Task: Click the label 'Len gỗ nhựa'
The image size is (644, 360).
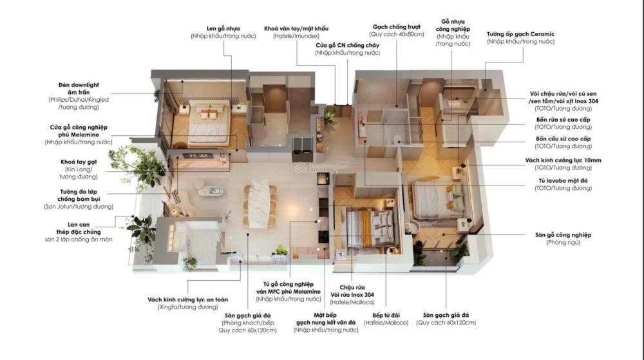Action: coord(223,29)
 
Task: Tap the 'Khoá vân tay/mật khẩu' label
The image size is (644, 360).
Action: coord(296,29)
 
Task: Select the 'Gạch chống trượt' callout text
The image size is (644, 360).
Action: coord(396,27)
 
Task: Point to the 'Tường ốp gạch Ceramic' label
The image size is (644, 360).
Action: coord(520,34)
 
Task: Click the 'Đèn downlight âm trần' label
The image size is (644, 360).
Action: coord(79,89)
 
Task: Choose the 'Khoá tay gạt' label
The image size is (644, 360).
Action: coord(79,162)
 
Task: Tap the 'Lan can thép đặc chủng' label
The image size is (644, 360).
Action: coord(79,228)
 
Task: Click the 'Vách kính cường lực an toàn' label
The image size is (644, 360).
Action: coord(187,299)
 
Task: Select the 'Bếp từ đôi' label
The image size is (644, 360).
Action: coord(386,316)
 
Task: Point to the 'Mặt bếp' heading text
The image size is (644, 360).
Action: coord(325,316)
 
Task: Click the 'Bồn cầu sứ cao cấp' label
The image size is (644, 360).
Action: coord(563,139)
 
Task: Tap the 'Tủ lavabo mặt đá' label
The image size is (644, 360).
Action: coord(563,180)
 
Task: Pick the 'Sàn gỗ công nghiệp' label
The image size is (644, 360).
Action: coord(563,235)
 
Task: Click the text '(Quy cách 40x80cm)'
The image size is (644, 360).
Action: coord(396,35)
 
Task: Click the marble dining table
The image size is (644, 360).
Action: coord(260,203)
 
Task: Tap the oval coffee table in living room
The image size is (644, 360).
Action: coord(211,191)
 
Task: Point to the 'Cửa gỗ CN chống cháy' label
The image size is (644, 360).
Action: coord(348,46)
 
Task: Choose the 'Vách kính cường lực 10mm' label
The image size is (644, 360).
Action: coord(563,160)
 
